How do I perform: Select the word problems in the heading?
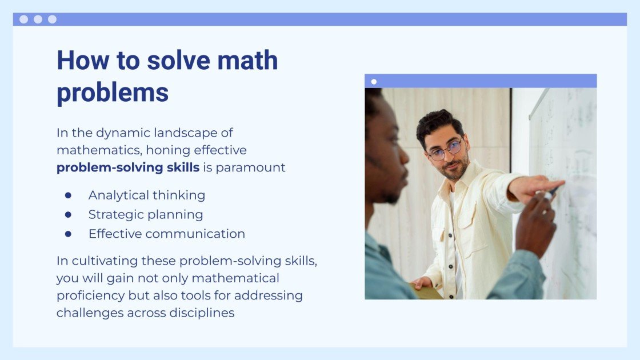point(113,93)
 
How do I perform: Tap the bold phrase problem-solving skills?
point(128,168)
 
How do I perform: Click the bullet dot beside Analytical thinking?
point(69,195)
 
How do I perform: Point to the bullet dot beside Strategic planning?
point(69,214)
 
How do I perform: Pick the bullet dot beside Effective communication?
point(69,234)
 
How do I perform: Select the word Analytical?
point(117,195)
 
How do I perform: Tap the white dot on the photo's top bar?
point(374,82)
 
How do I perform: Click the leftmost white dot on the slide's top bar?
point(23,19)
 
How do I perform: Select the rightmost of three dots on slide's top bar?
point(52,19)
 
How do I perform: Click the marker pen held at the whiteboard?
point(552,192)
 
